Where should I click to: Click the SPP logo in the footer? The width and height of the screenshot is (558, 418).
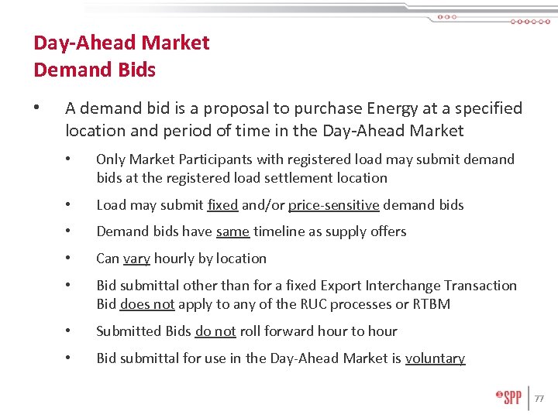(x=508, y=397)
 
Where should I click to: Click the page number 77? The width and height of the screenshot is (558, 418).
(x=539, y=399)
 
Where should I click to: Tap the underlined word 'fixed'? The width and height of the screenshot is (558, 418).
(x=222, y=205)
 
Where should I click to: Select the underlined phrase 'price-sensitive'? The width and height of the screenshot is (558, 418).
(x=333, y=205)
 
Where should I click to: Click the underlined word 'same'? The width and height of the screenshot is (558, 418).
(x=232, y=231)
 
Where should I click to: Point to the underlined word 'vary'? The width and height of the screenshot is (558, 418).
(x=136, y=259)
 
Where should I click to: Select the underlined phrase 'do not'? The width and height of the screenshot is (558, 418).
(x=215, y=331)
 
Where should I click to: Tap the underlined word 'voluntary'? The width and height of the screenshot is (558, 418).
(x=435, y=358)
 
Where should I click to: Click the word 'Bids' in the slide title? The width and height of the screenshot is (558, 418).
(x=136, y=70)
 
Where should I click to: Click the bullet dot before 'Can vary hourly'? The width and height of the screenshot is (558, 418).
(x=69, y=259)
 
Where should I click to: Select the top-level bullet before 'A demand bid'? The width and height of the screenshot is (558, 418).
(x=38, y=108)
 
